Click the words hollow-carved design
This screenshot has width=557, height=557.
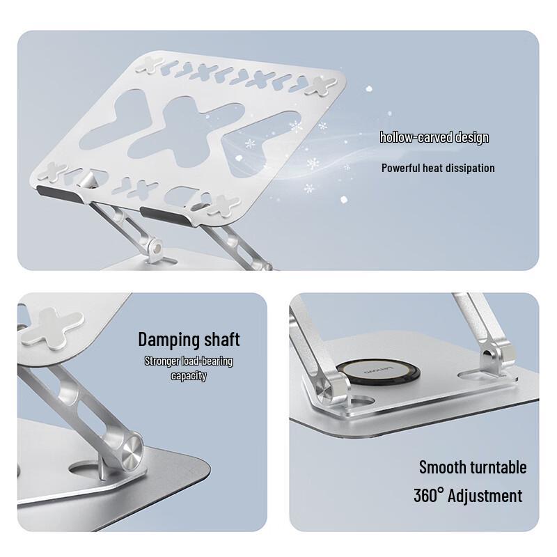coord(434,137)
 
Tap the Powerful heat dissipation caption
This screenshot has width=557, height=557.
coord(438,168)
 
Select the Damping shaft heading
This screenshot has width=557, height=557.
coord(189,340)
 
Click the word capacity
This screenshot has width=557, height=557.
coord(189,376)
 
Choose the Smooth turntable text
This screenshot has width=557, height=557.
coord(473,467)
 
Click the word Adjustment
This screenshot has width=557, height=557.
coord(485,496)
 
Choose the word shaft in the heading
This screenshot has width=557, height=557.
coord(218,340)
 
